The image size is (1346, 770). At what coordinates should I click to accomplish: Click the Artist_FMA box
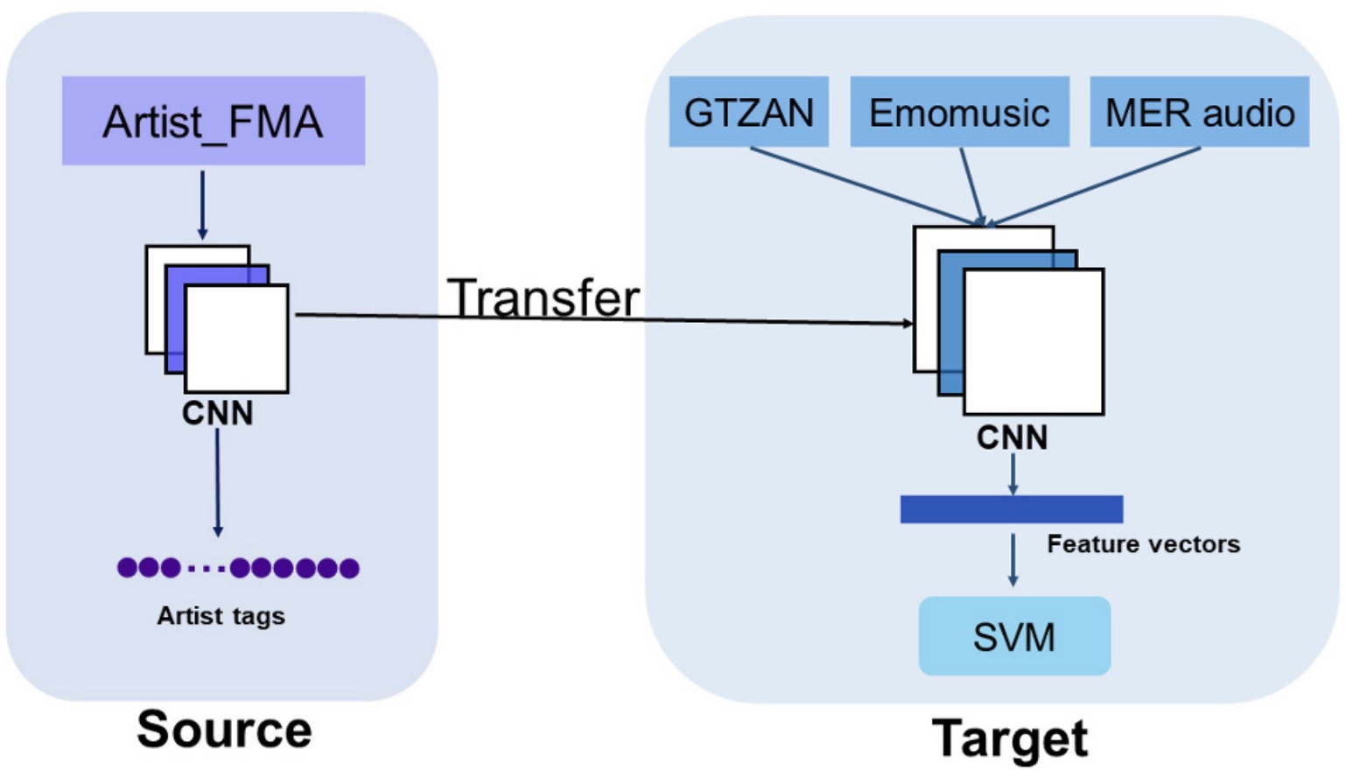[x=213, y=121]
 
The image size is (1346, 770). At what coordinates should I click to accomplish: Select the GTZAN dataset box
[x=748, y=112]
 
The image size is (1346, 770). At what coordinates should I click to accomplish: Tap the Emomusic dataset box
[x=959, y=112]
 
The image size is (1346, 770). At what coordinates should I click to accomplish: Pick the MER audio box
[x=1199, y=112]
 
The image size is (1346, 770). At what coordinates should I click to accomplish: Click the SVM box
[x=1014, y=636]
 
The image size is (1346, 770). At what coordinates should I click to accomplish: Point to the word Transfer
[x=543, y=297]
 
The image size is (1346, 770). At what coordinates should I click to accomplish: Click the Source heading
[x=224, y=729]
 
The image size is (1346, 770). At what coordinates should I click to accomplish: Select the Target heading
[x=1010, y=738]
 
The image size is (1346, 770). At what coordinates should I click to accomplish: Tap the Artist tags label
[x=221, y=616]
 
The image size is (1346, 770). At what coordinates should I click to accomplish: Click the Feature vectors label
[x=1143, y=544]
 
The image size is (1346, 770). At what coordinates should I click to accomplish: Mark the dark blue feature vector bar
[x=1011, y=509]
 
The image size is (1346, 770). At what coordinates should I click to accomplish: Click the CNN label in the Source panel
[x=217, y=413]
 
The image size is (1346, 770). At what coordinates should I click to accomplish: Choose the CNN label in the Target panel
[x=1012, y=437]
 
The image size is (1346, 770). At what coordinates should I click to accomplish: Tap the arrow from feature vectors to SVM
[x=1013, y=560]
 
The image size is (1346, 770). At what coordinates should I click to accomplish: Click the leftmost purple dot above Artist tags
[x=127, y=568]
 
